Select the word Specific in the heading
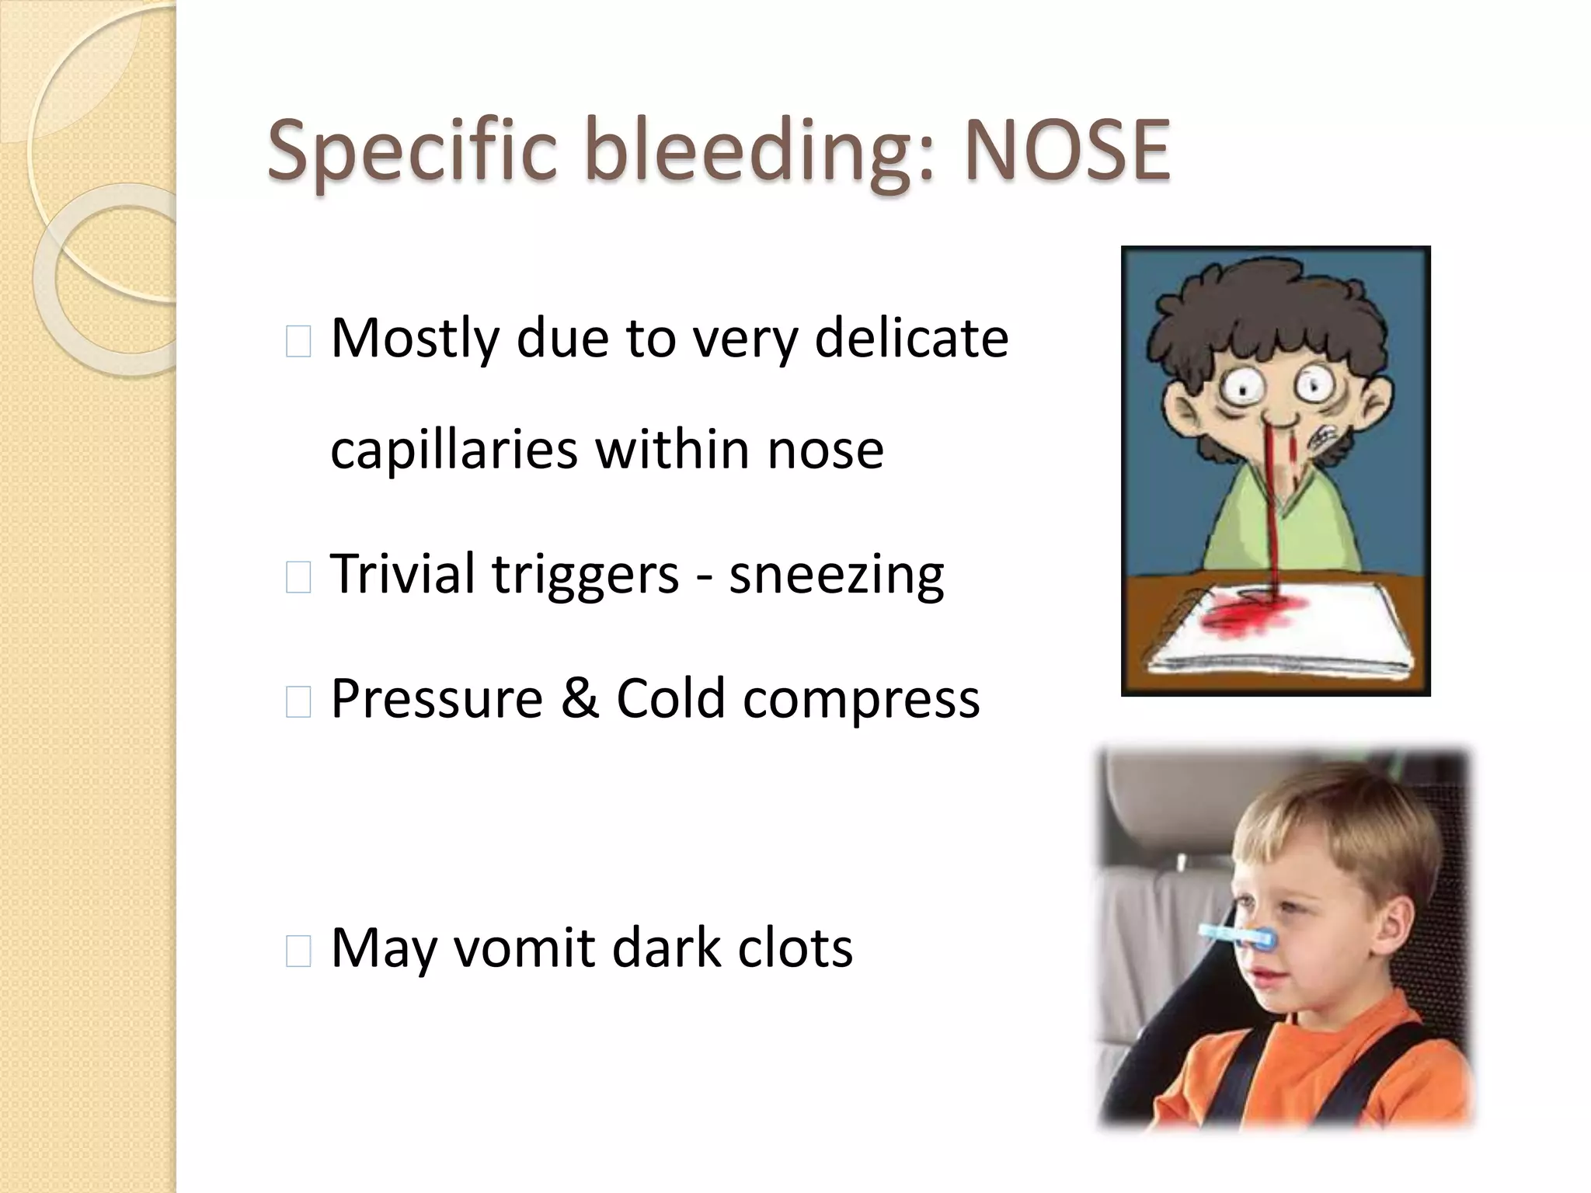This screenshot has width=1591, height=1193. (413, 152)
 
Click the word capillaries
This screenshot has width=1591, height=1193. (454, 450)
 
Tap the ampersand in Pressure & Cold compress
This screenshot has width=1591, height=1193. (580, 698)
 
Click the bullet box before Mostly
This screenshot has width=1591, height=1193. (298, 342)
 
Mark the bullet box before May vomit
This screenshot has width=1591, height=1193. (298, 951)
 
